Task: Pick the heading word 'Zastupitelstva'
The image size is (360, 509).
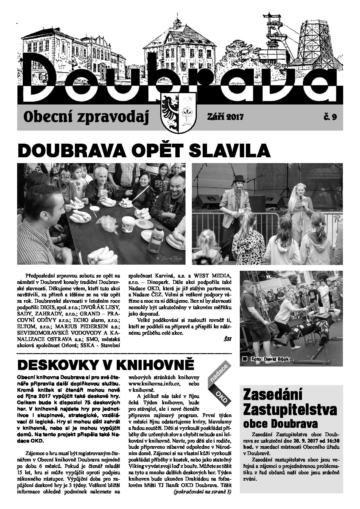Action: click(x=289, y=410)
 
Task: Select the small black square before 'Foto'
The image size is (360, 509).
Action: click(x=245, y=359)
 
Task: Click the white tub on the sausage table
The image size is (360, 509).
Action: click(x=128, y=224)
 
